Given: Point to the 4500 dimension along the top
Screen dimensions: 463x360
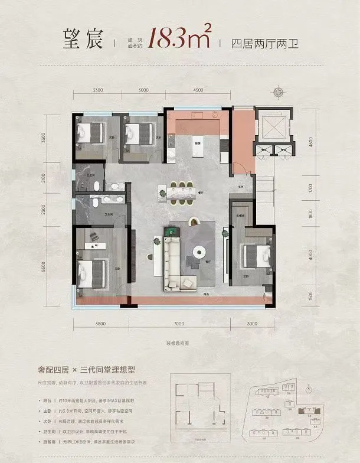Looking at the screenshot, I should [198, 90].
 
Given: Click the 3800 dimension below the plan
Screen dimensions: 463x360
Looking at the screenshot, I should [99, 323].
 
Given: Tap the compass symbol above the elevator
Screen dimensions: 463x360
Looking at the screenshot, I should [278, 92].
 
